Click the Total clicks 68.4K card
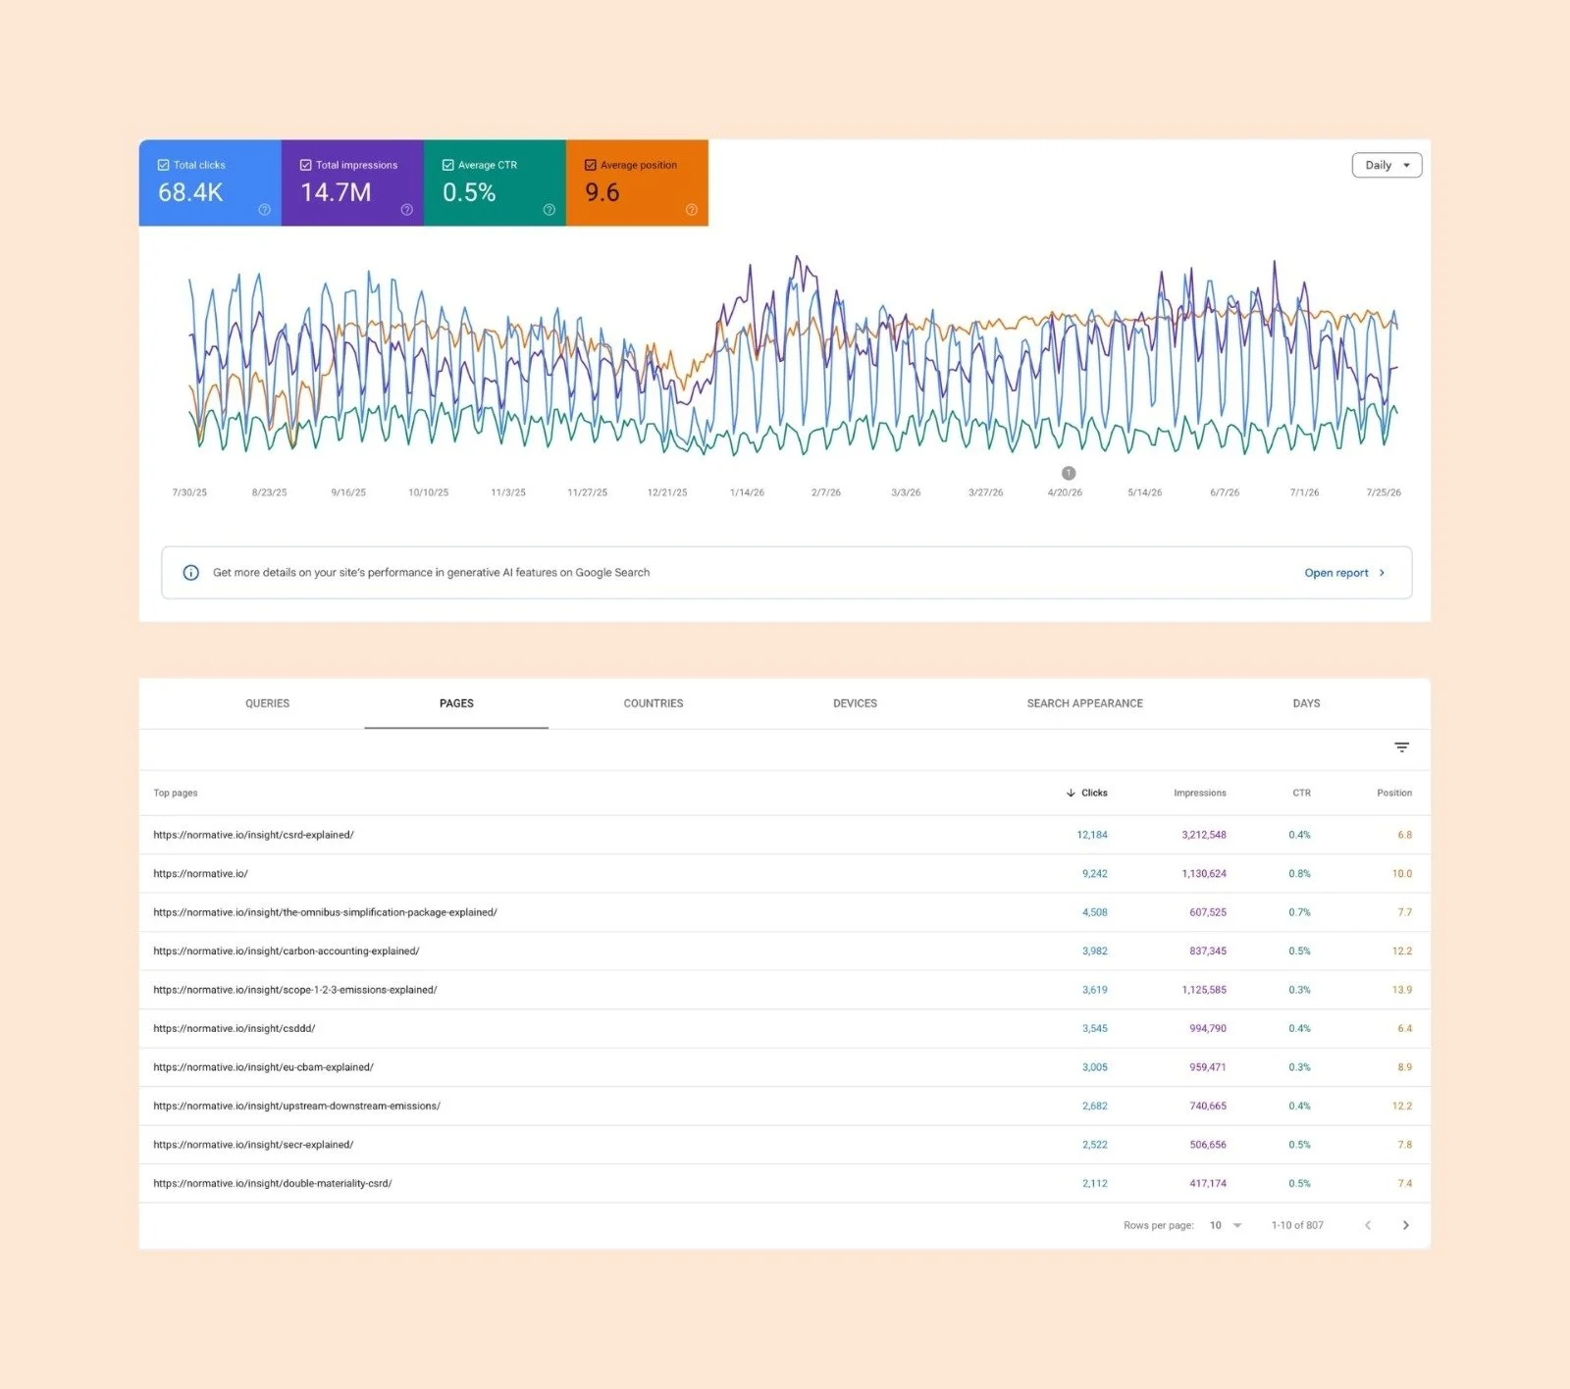210,182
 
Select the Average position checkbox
591,165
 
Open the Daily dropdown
1387,165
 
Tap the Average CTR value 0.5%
469,192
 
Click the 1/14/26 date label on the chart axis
747,492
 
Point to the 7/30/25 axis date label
189,492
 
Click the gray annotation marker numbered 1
1069,473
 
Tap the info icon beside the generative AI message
191,573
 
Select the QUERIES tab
267,703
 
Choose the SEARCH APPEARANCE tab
1084,703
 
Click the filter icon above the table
1402,747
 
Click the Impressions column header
1200,793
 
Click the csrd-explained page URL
253,835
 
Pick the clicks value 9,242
1095,874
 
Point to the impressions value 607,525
1208,912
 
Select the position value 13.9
1402,990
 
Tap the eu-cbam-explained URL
263,1067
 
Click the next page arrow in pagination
1406,1225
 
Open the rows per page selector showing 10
1226,1225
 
